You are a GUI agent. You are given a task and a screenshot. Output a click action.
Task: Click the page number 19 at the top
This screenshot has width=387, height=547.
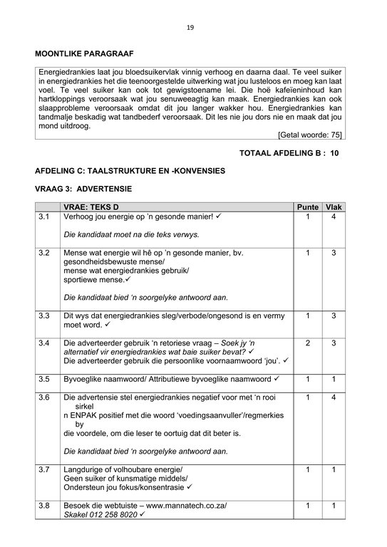[x=190, y=28]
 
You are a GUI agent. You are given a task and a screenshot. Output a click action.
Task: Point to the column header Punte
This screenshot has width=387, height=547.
[x=307, y=207]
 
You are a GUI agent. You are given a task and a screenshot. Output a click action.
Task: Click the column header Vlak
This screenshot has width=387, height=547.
[x=333, y=207]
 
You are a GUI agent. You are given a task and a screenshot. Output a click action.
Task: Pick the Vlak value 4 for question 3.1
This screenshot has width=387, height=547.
[x=333, y=216]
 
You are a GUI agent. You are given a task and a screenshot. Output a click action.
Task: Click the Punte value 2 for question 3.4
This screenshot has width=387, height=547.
[x=307, y=343]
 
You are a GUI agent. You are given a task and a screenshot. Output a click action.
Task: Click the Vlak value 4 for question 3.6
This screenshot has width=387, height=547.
[x=333, y=397]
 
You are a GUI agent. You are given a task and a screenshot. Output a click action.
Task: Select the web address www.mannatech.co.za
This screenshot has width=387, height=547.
[x=185, y=505]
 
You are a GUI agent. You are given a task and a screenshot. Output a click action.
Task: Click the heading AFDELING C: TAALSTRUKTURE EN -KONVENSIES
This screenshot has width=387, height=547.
[x=130, y=171]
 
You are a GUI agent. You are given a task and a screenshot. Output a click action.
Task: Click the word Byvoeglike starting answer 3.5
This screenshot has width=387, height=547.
[x=86, y=379]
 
